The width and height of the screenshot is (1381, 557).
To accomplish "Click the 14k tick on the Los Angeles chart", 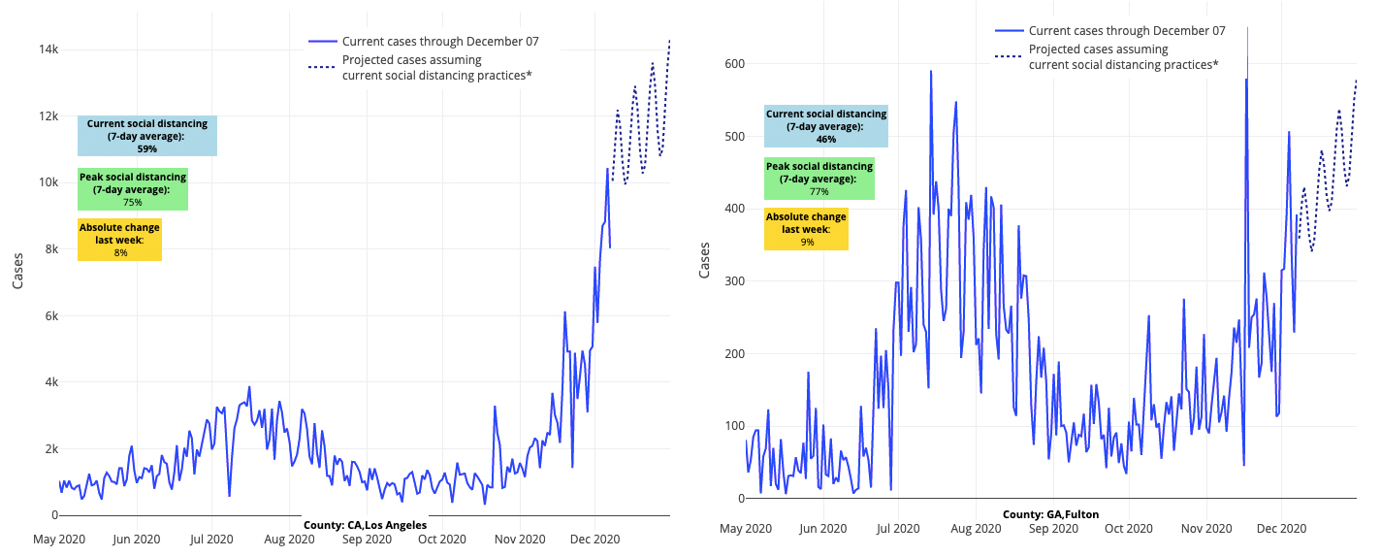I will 47,49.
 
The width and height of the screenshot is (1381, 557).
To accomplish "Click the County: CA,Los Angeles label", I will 365,525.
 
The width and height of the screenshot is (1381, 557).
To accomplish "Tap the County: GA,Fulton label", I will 1050,514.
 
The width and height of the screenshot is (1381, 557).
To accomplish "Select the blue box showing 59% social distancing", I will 147,136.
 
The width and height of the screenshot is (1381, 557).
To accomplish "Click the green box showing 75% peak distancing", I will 133,189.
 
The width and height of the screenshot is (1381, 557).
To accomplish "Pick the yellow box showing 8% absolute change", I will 119,240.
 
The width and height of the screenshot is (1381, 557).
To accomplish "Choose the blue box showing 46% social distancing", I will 825,126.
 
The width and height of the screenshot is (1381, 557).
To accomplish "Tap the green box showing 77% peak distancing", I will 819,179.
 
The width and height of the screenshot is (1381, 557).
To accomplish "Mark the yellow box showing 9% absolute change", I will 806,229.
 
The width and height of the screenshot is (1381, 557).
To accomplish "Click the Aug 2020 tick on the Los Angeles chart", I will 288,540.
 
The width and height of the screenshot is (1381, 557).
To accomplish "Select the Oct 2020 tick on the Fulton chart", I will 1128,529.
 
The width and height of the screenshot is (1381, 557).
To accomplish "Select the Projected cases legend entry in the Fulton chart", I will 1123,57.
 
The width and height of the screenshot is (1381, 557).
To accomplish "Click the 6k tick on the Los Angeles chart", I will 48,316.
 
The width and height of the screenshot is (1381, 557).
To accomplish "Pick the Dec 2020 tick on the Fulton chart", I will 1281,529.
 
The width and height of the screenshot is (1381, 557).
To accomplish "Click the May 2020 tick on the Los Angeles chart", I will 59,540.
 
